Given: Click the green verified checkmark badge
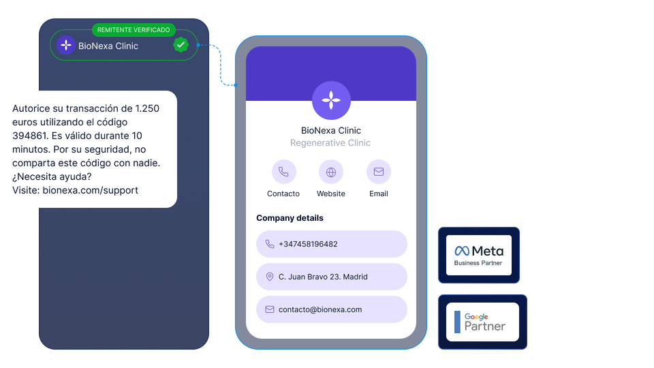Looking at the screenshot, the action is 181,45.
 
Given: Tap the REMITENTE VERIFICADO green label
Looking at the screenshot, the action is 134,30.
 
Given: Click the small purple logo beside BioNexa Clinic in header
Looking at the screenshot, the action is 66,46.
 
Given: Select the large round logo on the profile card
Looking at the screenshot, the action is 331,101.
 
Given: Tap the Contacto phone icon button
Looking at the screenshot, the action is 283,172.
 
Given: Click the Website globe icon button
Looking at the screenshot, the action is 331,172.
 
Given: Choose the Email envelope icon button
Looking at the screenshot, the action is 379,172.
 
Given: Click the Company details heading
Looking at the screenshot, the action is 290,218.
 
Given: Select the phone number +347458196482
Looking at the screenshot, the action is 308,244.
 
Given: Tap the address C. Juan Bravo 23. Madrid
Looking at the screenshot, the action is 323,277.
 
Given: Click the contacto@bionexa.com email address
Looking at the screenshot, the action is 320,309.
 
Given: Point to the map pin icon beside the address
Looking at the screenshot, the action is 270,277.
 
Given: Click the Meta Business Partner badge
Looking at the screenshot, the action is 479,255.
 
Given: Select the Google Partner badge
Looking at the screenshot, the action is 482,322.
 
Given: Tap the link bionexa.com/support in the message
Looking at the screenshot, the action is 91,190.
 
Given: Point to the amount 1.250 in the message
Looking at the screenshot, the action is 147,108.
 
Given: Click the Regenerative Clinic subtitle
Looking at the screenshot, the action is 330,143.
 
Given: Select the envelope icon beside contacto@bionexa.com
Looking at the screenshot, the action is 270,309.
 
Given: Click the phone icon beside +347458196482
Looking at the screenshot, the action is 270,244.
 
